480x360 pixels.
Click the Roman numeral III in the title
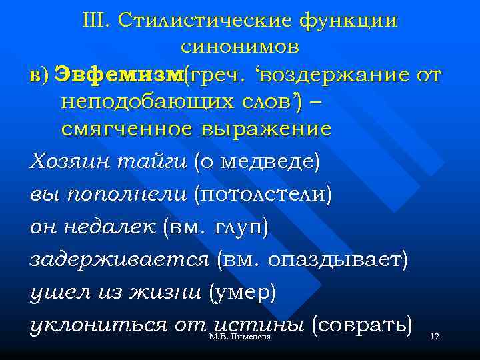coord(97,20)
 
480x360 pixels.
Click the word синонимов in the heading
coord(240,47)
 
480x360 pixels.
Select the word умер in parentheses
coord(242,293)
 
